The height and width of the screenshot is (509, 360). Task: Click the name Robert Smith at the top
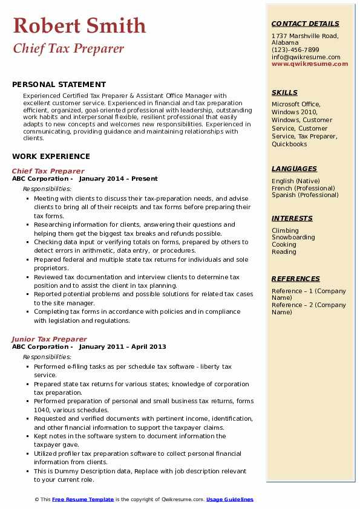point(79,25)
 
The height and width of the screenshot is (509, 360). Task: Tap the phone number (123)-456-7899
point(295,50)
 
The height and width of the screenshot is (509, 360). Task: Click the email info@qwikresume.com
point(306,57)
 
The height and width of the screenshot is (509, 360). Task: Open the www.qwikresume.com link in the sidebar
point(306,64)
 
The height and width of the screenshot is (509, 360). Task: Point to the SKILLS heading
point(284,92)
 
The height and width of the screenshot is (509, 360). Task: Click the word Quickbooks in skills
point(289,144)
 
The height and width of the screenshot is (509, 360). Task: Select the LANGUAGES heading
point(294,169)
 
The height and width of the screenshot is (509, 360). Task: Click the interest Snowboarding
point(293,238)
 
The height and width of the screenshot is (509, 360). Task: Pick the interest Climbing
point(285,230)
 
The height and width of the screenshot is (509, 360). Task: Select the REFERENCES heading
point(296,279)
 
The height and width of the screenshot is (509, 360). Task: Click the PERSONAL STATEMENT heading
point(59,85)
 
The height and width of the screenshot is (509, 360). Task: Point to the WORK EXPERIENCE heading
point(51,156)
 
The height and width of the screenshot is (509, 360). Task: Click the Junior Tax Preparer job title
point(50,339)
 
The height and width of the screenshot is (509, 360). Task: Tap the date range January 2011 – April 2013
point(122,347)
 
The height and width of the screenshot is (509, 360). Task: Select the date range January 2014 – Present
point(118,179)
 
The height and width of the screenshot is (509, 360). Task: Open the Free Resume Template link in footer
point(83,499)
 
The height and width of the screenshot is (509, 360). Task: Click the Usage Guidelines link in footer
point(230,499)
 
